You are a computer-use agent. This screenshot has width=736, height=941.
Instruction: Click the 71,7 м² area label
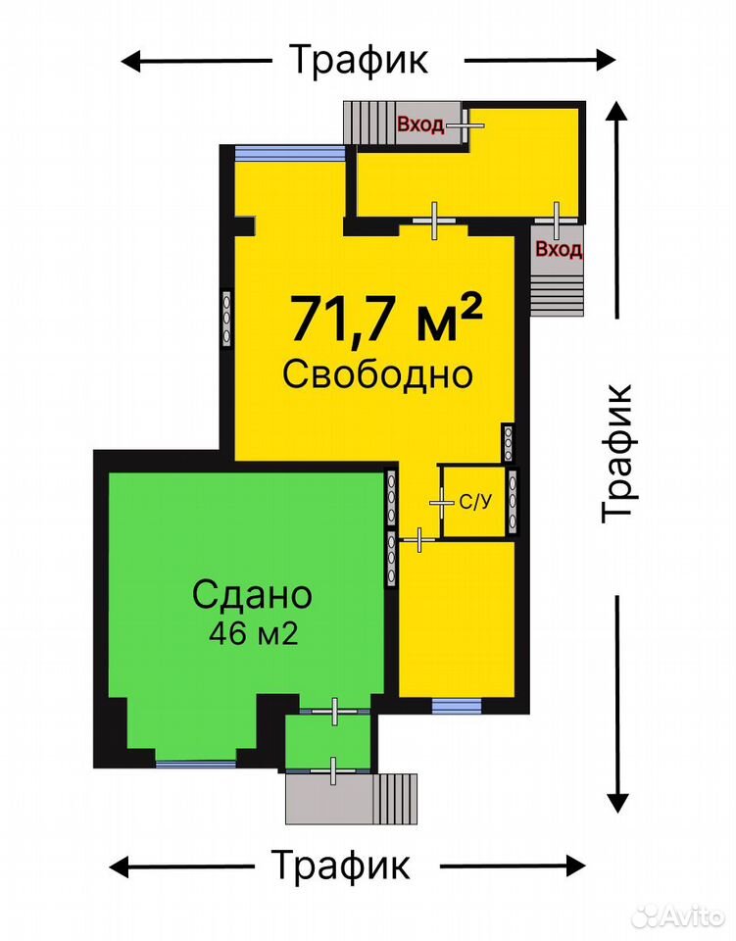(386, 317)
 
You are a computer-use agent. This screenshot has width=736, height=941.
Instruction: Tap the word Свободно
(378, 374)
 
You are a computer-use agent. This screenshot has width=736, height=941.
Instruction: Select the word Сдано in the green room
(252, 595)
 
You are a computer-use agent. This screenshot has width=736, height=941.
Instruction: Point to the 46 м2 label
(253, 633)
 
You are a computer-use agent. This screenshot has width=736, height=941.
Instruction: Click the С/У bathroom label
(475, 502)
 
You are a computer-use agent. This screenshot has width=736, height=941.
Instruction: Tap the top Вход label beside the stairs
(420, 124)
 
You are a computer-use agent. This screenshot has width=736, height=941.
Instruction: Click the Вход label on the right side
(559, 248)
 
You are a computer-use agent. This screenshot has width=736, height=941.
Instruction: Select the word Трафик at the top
(360, 60)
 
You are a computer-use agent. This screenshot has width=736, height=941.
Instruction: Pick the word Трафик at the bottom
(341, 865)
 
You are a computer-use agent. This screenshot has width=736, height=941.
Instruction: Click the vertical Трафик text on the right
(617, 453)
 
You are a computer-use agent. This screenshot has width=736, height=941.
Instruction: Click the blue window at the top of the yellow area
(290, 154)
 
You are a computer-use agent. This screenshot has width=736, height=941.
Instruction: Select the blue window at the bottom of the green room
(196, 764)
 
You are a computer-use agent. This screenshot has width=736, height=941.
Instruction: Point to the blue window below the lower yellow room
(457, 707)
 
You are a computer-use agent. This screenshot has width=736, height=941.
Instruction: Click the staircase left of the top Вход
(368, 124)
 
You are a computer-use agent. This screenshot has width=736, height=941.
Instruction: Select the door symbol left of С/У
(441, 503)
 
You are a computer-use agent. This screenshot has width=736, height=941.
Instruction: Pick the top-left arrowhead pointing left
(130, 61)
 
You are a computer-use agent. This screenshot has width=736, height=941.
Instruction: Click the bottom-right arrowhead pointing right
(576, 866)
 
